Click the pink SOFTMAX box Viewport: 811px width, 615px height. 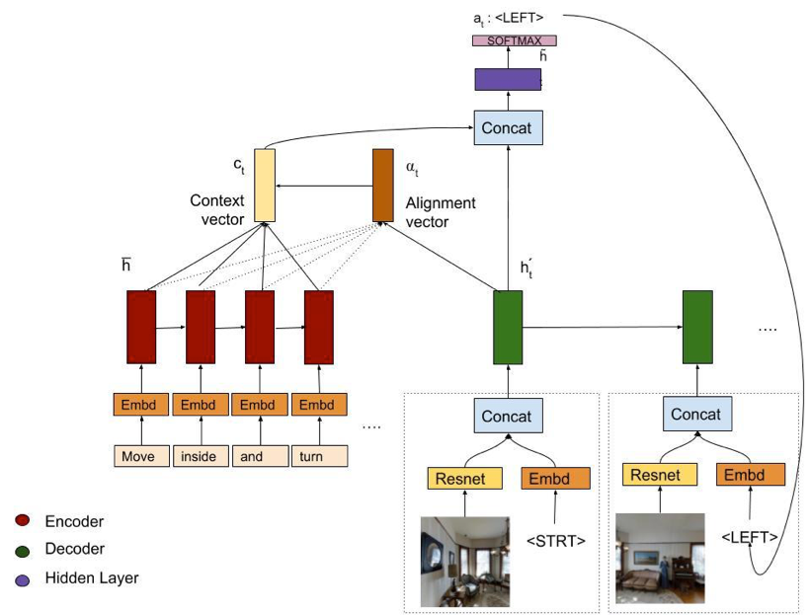coord(514,40)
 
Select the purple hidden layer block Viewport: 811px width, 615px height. coord(508,79)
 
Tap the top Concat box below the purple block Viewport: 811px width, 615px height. coord(508,128)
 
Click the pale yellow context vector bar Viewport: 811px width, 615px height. coord(264,185)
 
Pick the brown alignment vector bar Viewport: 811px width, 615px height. coord(382,185)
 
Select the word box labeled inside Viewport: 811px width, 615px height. coord(202,456)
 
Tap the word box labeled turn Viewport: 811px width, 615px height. coord(320,456)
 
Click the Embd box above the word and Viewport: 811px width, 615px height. coord(261,404)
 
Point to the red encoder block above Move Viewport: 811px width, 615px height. coord(141,327)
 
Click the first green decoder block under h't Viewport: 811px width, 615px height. coord(508,327)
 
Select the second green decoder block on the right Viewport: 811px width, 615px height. coord(697,327)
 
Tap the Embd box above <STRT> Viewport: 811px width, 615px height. coord(555,479)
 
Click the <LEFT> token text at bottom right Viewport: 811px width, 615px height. coord(748,537)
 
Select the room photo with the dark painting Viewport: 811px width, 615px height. coord(465,561)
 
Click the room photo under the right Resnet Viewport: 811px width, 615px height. coord(660,558)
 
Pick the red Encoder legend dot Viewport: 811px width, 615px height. coord(23,521)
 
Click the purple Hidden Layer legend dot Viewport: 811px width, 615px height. coord(23,578)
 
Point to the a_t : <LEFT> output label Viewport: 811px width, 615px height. coord(508,17)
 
